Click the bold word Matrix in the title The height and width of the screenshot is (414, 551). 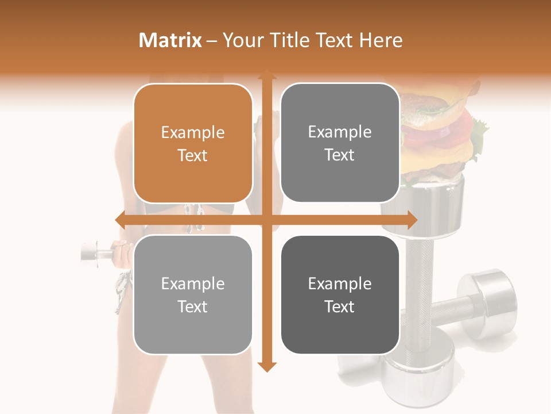(x=170, y=40)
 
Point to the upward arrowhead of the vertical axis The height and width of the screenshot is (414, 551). (x=266, y=75)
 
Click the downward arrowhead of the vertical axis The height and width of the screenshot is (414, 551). (x=266, y=366)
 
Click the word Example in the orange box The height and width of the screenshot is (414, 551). (x=193, y=133)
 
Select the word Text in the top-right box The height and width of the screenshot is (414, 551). (x=340, y=155)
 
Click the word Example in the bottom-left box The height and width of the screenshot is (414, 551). (x=193, y=284)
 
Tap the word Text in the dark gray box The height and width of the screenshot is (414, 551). (x=340, y=307)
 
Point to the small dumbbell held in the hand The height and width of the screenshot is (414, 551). (x=95, y=252)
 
